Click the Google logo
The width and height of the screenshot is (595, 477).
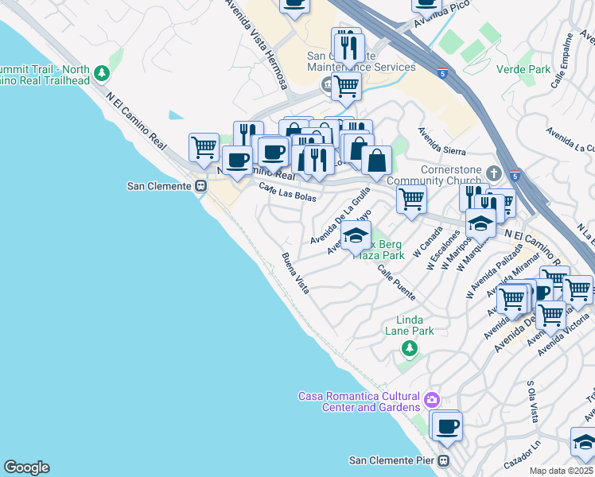pos(26,467)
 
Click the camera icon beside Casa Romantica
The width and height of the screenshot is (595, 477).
pos(432,399)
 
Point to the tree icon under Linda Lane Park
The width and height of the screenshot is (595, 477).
pos(409,348)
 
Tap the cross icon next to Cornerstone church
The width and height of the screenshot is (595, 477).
pos(494,173)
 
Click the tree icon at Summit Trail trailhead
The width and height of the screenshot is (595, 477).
pos(101,74)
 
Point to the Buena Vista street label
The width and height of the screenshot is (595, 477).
pos(295,273)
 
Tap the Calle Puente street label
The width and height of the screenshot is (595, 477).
pos(395,282)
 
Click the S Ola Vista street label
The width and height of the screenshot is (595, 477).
pos(533,401)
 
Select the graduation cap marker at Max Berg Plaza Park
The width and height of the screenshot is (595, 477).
pos(356,235)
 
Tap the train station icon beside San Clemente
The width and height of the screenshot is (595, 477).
pos(201,186)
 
